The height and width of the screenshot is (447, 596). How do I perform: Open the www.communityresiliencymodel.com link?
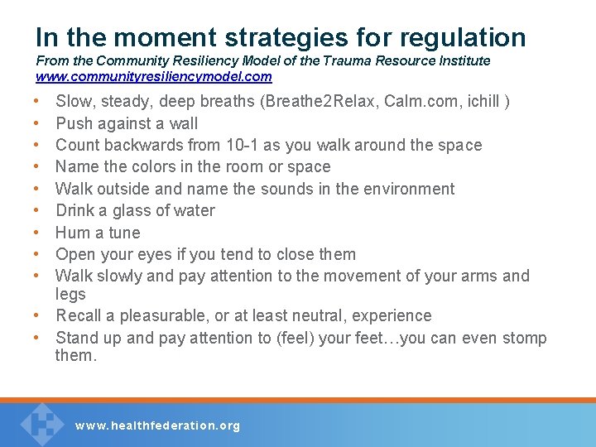click(x=153, y=76)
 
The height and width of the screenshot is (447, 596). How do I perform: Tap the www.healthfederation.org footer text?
click(x=157, y=425)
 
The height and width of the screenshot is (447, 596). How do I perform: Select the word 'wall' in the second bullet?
click(x=183, y=123)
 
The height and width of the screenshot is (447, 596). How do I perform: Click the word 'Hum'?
click(x=72, y=233)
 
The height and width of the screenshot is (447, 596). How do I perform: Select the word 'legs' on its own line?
click(x=70, y=295)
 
